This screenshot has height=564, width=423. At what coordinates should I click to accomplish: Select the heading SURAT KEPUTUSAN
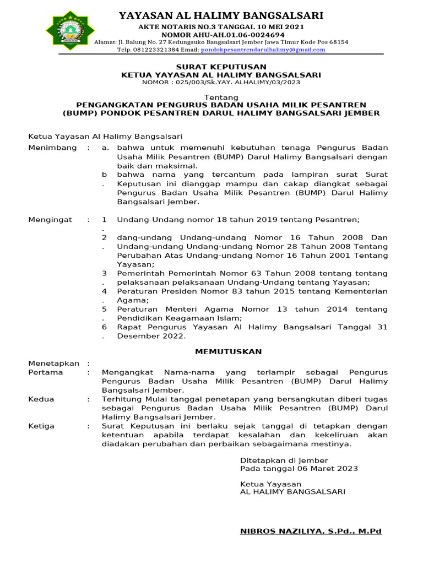[x=221, y=67]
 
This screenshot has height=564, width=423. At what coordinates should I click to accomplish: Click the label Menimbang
[x=51, y=148]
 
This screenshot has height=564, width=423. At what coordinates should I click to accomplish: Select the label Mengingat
[x=50, y=220]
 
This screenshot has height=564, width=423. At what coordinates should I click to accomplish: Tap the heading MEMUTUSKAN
[x=221, y=351]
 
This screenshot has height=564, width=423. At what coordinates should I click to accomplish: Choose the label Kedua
[x=41, y=399]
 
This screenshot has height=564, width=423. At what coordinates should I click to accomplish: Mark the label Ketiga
[x=41, y=426]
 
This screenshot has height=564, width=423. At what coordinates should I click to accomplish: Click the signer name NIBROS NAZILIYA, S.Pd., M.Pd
[x=311, y=532]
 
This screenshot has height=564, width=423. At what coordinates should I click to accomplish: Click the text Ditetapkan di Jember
[x=284, y=460]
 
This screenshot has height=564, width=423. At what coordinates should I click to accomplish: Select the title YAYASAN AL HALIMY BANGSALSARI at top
[x=221, y=15]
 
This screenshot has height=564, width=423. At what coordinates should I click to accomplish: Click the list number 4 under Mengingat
[x=104, y=291]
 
